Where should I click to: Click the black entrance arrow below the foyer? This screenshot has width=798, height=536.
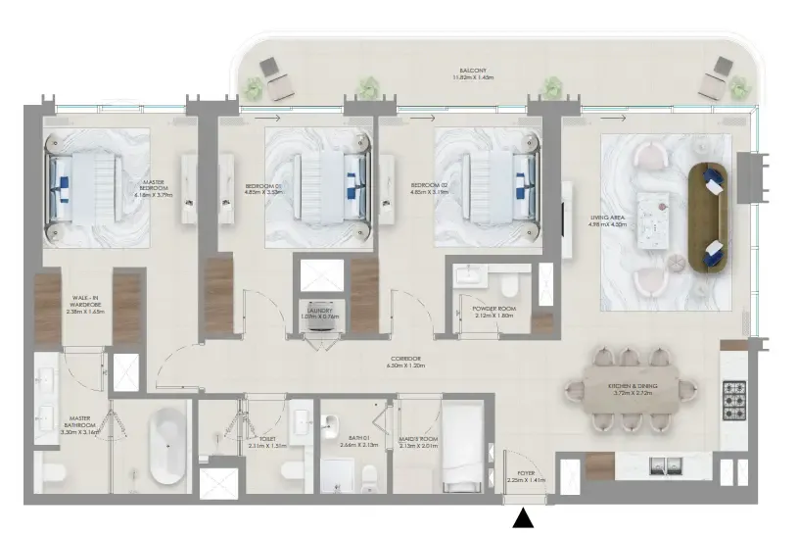[525, 519]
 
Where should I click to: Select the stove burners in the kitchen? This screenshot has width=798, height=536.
[735, 400]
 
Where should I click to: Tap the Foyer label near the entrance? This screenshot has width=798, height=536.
[521, 477]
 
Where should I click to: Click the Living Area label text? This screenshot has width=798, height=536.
[601, 221]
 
